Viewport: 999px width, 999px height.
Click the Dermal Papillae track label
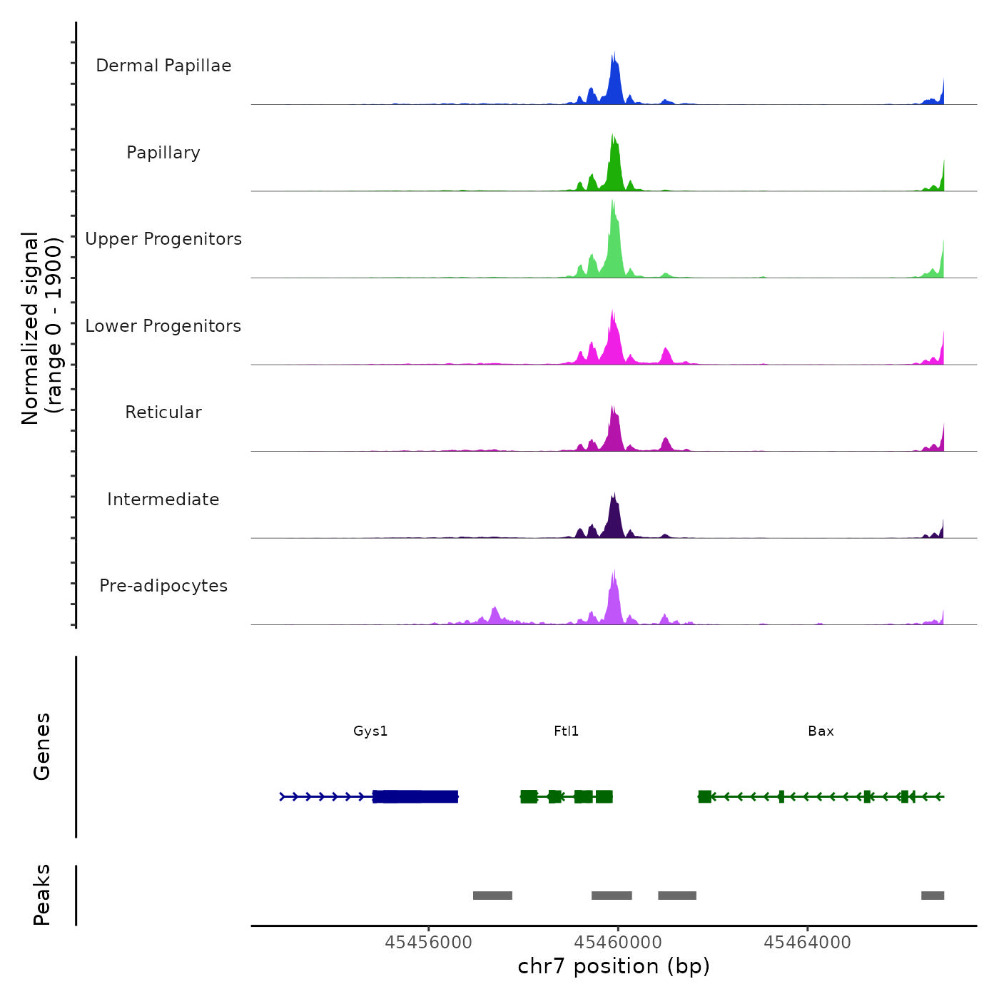(x=163, y=66)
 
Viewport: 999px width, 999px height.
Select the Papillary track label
(x=163, y=153)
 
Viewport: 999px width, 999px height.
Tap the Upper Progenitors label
(x=163, y=239)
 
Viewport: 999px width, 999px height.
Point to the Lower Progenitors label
(x=163, y=326)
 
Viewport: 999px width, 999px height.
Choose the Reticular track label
(x=163, y=412)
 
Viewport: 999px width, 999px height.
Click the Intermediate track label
(x=163, y=499)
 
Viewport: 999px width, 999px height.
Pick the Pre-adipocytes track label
(x=163, y=586)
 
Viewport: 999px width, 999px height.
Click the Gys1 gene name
(x=370, y=731)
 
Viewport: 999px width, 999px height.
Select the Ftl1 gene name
(x=567, y=731)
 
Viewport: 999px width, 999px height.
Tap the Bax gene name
(x=821, y=731)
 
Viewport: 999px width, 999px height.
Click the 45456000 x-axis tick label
(x=428, y=943)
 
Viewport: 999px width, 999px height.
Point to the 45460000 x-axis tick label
(x=618, y=943)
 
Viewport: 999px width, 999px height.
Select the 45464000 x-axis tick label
(x=807, y=943)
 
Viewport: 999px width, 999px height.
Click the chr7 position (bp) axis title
(x=614, y=966)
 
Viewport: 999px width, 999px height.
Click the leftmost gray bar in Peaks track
(x=492, y=896)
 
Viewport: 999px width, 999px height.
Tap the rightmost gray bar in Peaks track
(x=933, y=896)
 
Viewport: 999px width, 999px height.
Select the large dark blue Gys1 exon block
(x=415, y=796)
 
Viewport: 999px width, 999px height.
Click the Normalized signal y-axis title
(x=42, y=328)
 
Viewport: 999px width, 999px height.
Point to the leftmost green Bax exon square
(x=704, y=796)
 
